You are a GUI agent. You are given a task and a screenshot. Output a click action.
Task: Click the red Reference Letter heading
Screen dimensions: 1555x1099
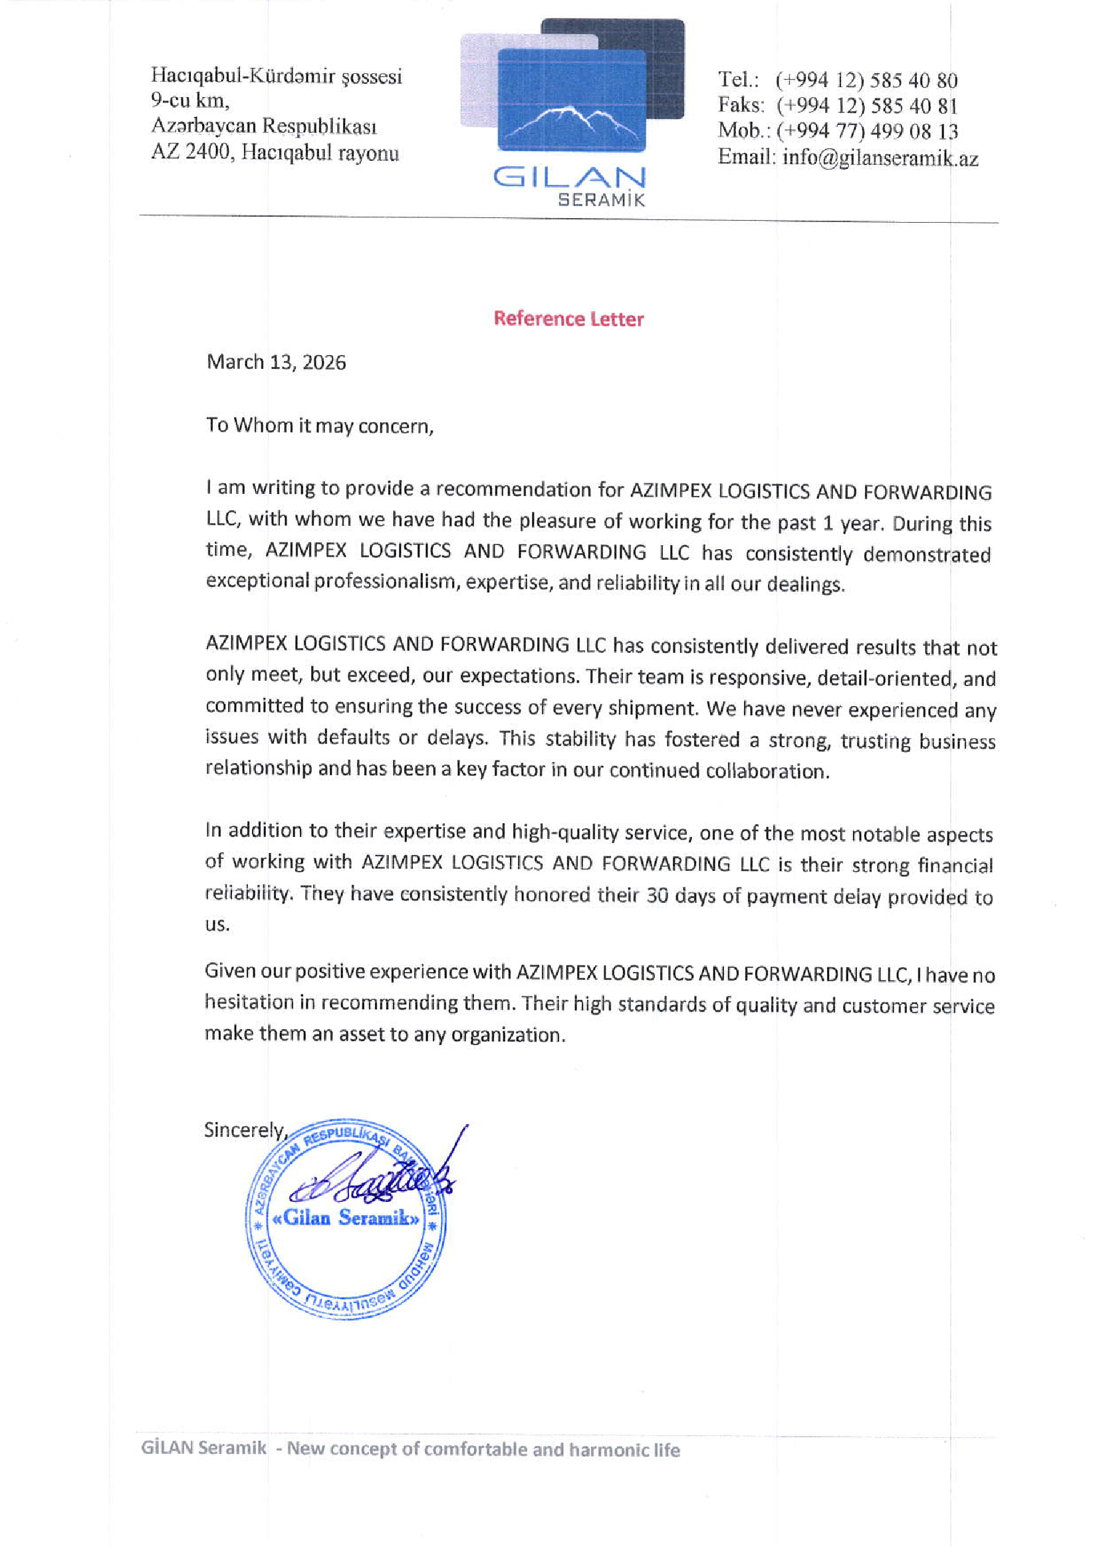pos(568,319)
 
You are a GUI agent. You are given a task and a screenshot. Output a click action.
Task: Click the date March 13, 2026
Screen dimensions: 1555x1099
pos(277,362)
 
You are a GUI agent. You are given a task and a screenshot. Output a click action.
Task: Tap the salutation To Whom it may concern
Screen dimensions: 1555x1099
pos(320,425)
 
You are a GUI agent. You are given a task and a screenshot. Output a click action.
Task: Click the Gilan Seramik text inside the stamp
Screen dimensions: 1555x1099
pos(345,1218)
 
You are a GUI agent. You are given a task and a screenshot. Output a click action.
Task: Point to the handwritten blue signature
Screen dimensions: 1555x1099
pos(379,1182)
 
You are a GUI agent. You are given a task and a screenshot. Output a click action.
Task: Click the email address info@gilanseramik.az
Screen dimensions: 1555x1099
pos(880,158)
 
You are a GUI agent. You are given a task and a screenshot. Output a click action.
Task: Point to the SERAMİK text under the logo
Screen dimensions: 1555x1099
pos(600,200)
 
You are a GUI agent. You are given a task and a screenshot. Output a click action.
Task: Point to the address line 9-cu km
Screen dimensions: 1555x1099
pos(189,101)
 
